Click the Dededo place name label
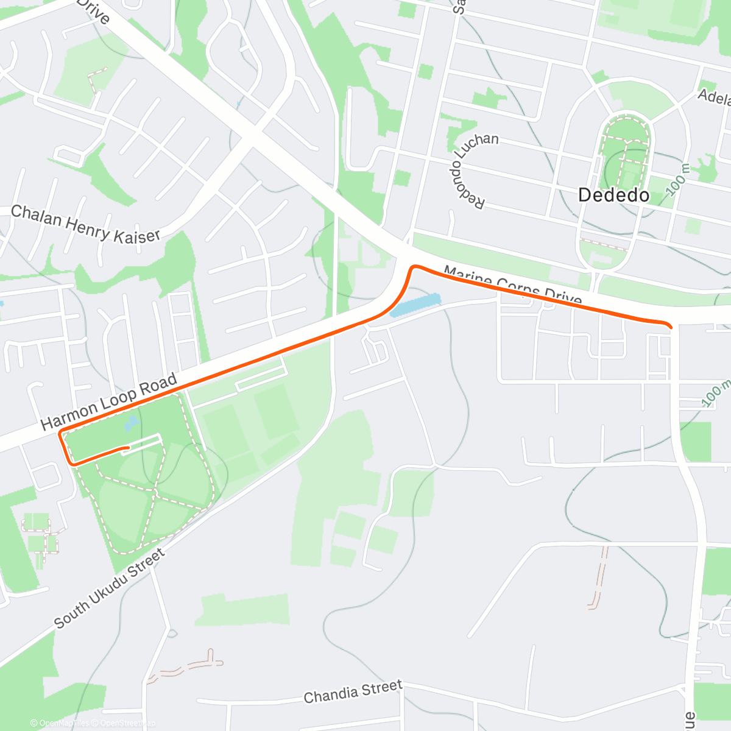pos(613,195)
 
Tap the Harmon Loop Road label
pos(110,401)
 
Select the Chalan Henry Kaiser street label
pos(86,224)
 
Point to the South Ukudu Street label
pos(110,588)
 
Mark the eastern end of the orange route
pos(671,327)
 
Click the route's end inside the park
pos(127,448)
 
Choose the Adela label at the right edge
pos(714,97)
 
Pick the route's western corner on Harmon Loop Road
pos(60,434)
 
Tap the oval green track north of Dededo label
pos(626,152)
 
